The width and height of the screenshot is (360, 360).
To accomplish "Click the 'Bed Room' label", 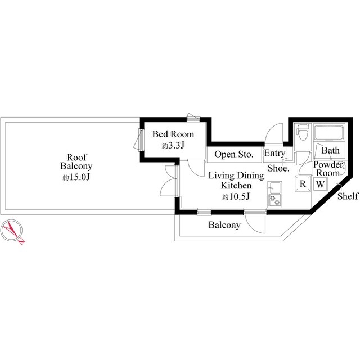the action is point(173,134).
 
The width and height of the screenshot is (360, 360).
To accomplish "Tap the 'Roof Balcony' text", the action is point(76,161).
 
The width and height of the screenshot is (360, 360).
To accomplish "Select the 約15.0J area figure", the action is point(76,177).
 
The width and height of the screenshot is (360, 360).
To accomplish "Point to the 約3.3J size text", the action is point(173,146).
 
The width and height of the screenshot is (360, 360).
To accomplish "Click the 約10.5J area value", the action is point(236,196).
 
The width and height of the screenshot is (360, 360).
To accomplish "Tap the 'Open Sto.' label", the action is point(234,154).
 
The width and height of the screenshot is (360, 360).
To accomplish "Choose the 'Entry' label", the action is point(274,153).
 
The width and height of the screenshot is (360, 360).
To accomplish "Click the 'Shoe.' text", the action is point(278,168).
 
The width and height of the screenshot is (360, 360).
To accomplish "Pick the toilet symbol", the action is point(303,132).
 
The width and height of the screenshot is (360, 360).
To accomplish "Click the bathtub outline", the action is point(329,133).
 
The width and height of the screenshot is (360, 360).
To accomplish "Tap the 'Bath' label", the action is point(330,151).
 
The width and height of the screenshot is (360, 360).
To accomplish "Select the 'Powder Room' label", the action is point(328,169).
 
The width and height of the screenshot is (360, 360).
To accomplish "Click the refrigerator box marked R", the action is point(303,183).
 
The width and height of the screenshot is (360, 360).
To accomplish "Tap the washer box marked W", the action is point(321,184).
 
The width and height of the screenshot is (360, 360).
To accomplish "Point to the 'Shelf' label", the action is point(348,196).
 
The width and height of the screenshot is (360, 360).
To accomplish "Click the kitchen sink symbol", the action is point(274,187).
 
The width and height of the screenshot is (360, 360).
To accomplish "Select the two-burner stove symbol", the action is point(274,200).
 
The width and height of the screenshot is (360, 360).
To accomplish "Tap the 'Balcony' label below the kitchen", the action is point(224,225).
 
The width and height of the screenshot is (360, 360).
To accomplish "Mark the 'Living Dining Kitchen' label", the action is point(236,181).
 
